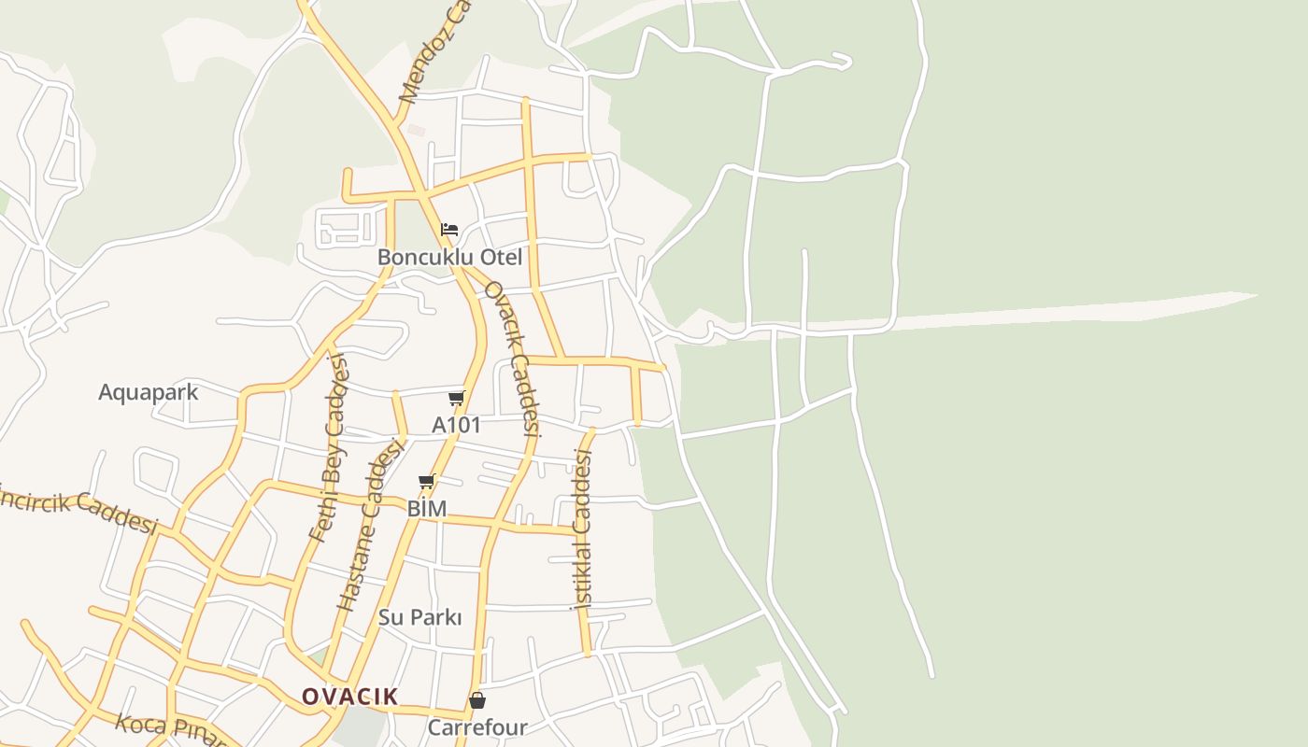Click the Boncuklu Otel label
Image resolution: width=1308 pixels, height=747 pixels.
point(449,257)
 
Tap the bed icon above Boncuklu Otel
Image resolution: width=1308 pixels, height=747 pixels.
point(449,230)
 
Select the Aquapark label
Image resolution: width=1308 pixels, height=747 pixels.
point(149,392)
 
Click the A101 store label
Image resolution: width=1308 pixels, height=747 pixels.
point(456,425)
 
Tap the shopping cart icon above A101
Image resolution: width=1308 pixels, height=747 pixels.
point(456,399)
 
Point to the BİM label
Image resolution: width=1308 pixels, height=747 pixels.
point(427,509)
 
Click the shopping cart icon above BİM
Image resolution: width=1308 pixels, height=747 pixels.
point(427,482)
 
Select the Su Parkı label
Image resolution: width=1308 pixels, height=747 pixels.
point(419,617)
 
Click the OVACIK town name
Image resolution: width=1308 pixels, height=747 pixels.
point(349,697)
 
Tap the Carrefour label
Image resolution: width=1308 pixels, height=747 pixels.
point(477,726)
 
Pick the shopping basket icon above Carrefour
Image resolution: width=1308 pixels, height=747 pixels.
point(477,700)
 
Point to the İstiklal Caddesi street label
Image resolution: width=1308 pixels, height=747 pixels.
point(583,529)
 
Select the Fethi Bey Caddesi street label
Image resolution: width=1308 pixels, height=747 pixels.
point(330,448)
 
